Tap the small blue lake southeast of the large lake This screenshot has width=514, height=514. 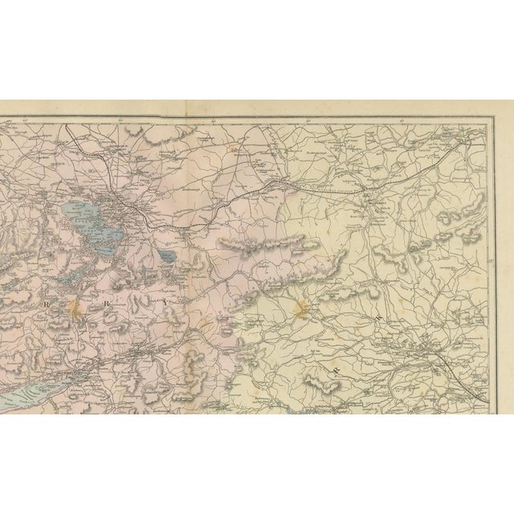click(x=166, y=256)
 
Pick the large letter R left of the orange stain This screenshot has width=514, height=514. click(x=47, y=305)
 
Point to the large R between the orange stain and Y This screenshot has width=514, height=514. click(x=112, y=304)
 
